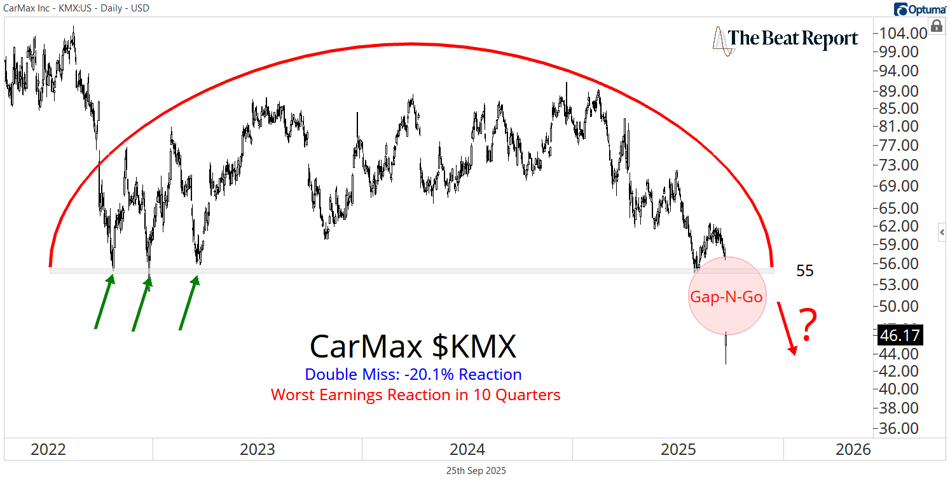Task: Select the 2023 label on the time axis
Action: point(258,450)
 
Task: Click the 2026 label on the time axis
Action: point(853,450)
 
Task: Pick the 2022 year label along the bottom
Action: point(48,450)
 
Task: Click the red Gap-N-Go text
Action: point(726,296)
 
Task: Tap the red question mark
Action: point(807,325)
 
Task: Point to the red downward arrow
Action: point(787,328)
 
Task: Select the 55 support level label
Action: point(805,271)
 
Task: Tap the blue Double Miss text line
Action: point(413,375)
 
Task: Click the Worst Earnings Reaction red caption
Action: point(416,395)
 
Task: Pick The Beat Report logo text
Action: point(793,39)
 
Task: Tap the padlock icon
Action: point(937,25)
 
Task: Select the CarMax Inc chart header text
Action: point(76,8)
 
